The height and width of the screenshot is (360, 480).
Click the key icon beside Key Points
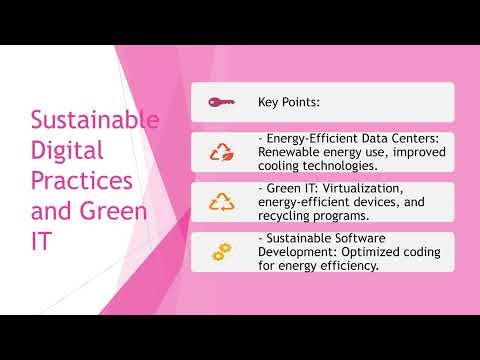click(221, 102)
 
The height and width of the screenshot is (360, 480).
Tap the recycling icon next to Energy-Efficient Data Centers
click(221, 152)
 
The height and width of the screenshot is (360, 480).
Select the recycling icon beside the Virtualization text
click(221, 202)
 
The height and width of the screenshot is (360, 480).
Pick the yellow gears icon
click(221, 252)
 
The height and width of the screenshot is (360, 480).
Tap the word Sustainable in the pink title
click(95, 121)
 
